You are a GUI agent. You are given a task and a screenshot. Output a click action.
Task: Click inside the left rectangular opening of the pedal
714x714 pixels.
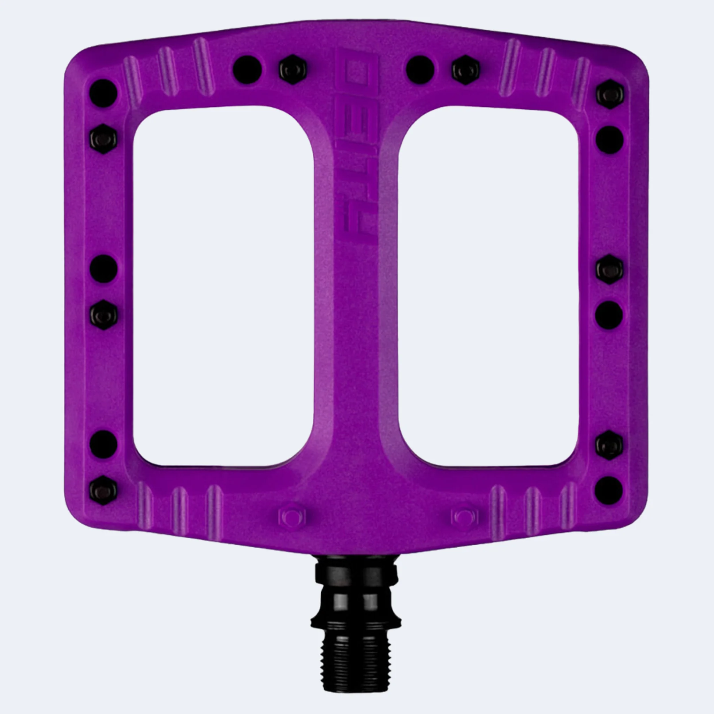tap(223, 287)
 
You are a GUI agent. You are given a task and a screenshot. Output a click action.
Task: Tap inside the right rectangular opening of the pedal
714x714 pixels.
tap(488, 287)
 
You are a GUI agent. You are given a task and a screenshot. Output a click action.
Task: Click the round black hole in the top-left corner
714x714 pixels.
tap(104, 93)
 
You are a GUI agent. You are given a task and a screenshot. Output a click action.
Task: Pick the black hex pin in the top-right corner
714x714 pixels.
tap(610, 94)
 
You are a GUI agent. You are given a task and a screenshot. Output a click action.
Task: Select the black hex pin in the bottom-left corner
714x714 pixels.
tap(104, 491)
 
